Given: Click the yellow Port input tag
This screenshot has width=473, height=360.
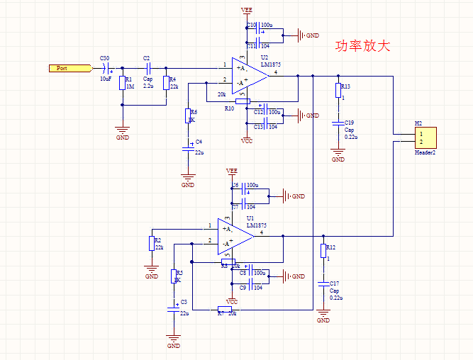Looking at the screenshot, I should coord(70,68).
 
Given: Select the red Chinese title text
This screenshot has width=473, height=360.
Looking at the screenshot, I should coord(362,46).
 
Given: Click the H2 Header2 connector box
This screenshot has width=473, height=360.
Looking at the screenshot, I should coord(425,137).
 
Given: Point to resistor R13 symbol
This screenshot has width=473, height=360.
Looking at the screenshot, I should coord(338,91).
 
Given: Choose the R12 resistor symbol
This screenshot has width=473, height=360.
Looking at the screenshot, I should coord(323,250).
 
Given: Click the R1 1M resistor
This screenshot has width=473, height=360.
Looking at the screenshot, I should coord(123,83).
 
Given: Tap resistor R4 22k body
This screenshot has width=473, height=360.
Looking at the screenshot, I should coord(166,83).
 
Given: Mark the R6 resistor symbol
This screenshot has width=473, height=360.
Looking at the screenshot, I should coord(188,116).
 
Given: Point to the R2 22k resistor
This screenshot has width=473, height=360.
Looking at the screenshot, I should coord(151,244).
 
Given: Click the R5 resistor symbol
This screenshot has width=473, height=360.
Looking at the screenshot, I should coord(174,276).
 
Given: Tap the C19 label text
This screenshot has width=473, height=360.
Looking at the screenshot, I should coord(349,123).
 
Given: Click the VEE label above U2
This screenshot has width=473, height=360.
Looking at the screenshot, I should coord(246,11).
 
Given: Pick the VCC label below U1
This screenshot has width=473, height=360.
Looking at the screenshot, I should coord(232,302).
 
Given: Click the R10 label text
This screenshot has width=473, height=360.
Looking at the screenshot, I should coord(228,108).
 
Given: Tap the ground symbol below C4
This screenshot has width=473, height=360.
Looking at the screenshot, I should coord(188,179).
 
